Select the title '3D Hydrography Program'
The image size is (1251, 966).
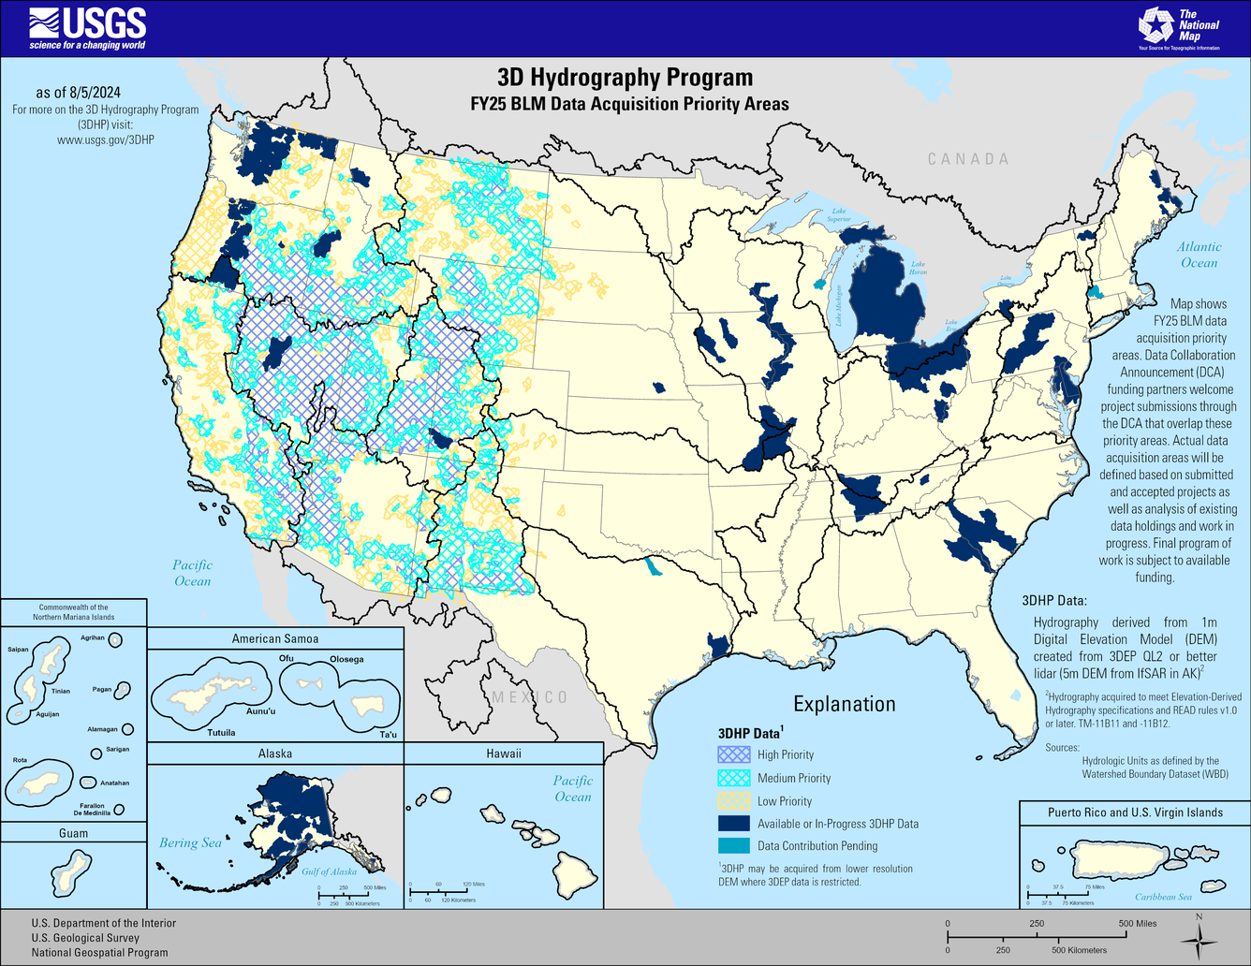pyautogui.click(x=625, y=78)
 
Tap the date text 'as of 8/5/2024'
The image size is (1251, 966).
pyautogui.click(x=78, y=93)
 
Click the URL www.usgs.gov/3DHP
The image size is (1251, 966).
pyautogui.click(x=105, y=139)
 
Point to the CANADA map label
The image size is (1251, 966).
pyautogui.click(x=968, y=159)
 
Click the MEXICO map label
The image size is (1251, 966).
pyautogui.click(x=530, y=697)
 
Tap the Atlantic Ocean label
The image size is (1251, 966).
pyautogui.click(x=1199, y=255)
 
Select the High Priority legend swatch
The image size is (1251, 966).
pyautogui.click(x=734, y=754)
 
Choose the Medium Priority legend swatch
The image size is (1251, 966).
pyautogui.click(x=734, y=778)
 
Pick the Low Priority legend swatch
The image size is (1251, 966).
pyautogui.click(x=734, y=801)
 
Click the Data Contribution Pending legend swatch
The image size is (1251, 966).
pyautogui.click(x=734, y=846)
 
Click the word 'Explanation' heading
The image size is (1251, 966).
pyautogui.click(x=845, y=704)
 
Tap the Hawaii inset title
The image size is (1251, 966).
pyautogui.click(x=504, y=754)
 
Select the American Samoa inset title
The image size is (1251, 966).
pyautogui.click(x=275, y=638)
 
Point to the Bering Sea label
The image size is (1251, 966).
pyautogui.click(x=190, y=842)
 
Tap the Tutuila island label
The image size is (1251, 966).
pyautogui.click(x=221, y=732)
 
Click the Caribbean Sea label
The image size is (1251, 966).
pyautogui.click(x=1163, y=897)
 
